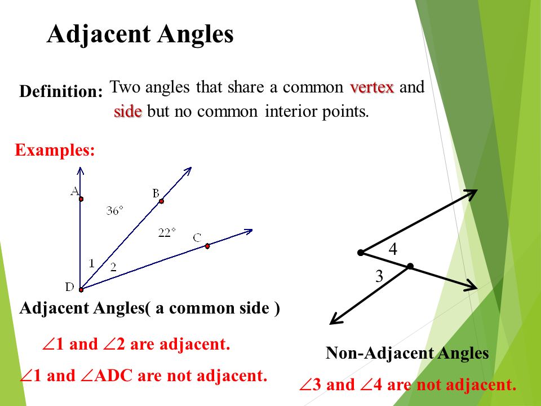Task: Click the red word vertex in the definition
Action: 372,87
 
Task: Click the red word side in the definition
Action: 128,112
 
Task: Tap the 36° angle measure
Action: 114,210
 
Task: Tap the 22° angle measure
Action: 167,233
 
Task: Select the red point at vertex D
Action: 81,290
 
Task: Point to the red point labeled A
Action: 81,199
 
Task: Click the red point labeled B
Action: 161,201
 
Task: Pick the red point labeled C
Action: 207,246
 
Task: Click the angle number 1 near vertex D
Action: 91,263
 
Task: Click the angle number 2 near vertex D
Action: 113,267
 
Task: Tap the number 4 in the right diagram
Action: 393,249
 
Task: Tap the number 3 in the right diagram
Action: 379,276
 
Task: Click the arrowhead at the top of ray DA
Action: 81,170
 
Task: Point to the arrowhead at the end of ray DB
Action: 188,170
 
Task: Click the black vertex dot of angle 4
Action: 361,253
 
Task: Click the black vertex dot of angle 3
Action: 410,266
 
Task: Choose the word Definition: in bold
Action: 61,91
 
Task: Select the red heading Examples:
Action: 55,150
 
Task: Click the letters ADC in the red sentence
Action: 113,376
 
